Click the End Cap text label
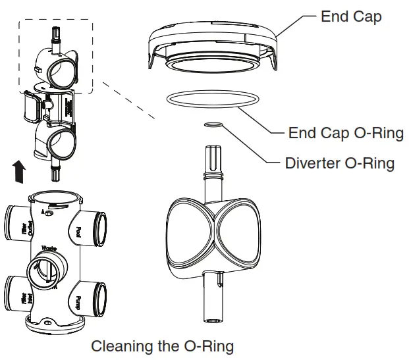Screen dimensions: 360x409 coord(350,16)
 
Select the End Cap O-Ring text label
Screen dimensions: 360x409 coord(346,134)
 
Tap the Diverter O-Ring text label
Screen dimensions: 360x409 coord(340,163)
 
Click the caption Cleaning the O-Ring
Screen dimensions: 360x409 coord(162,346)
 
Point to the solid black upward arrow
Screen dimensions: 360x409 coord(20,172)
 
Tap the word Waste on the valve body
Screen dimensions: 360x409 coord(49,249)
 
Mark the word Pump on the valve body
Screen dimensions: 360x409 coord(78,303)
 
